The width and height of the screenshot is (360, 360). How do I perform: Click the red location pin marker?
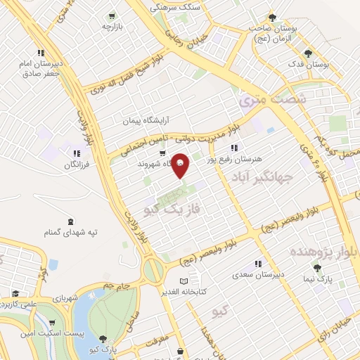180,165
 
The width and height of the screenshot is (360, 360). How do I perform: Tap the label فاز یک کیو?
172,209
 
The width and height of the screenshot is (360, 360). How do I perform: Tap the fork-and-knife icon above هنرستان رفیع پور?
234,148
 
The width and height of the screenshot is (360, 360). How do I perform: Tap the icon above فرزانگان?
77,154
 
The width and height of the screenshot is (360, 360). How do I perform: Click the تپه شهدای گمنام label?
68,232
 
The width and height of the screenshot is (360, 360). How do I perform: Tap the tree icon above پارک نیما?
317,268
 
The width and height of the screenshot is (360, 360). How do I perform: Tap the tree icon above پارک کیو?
104,339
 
